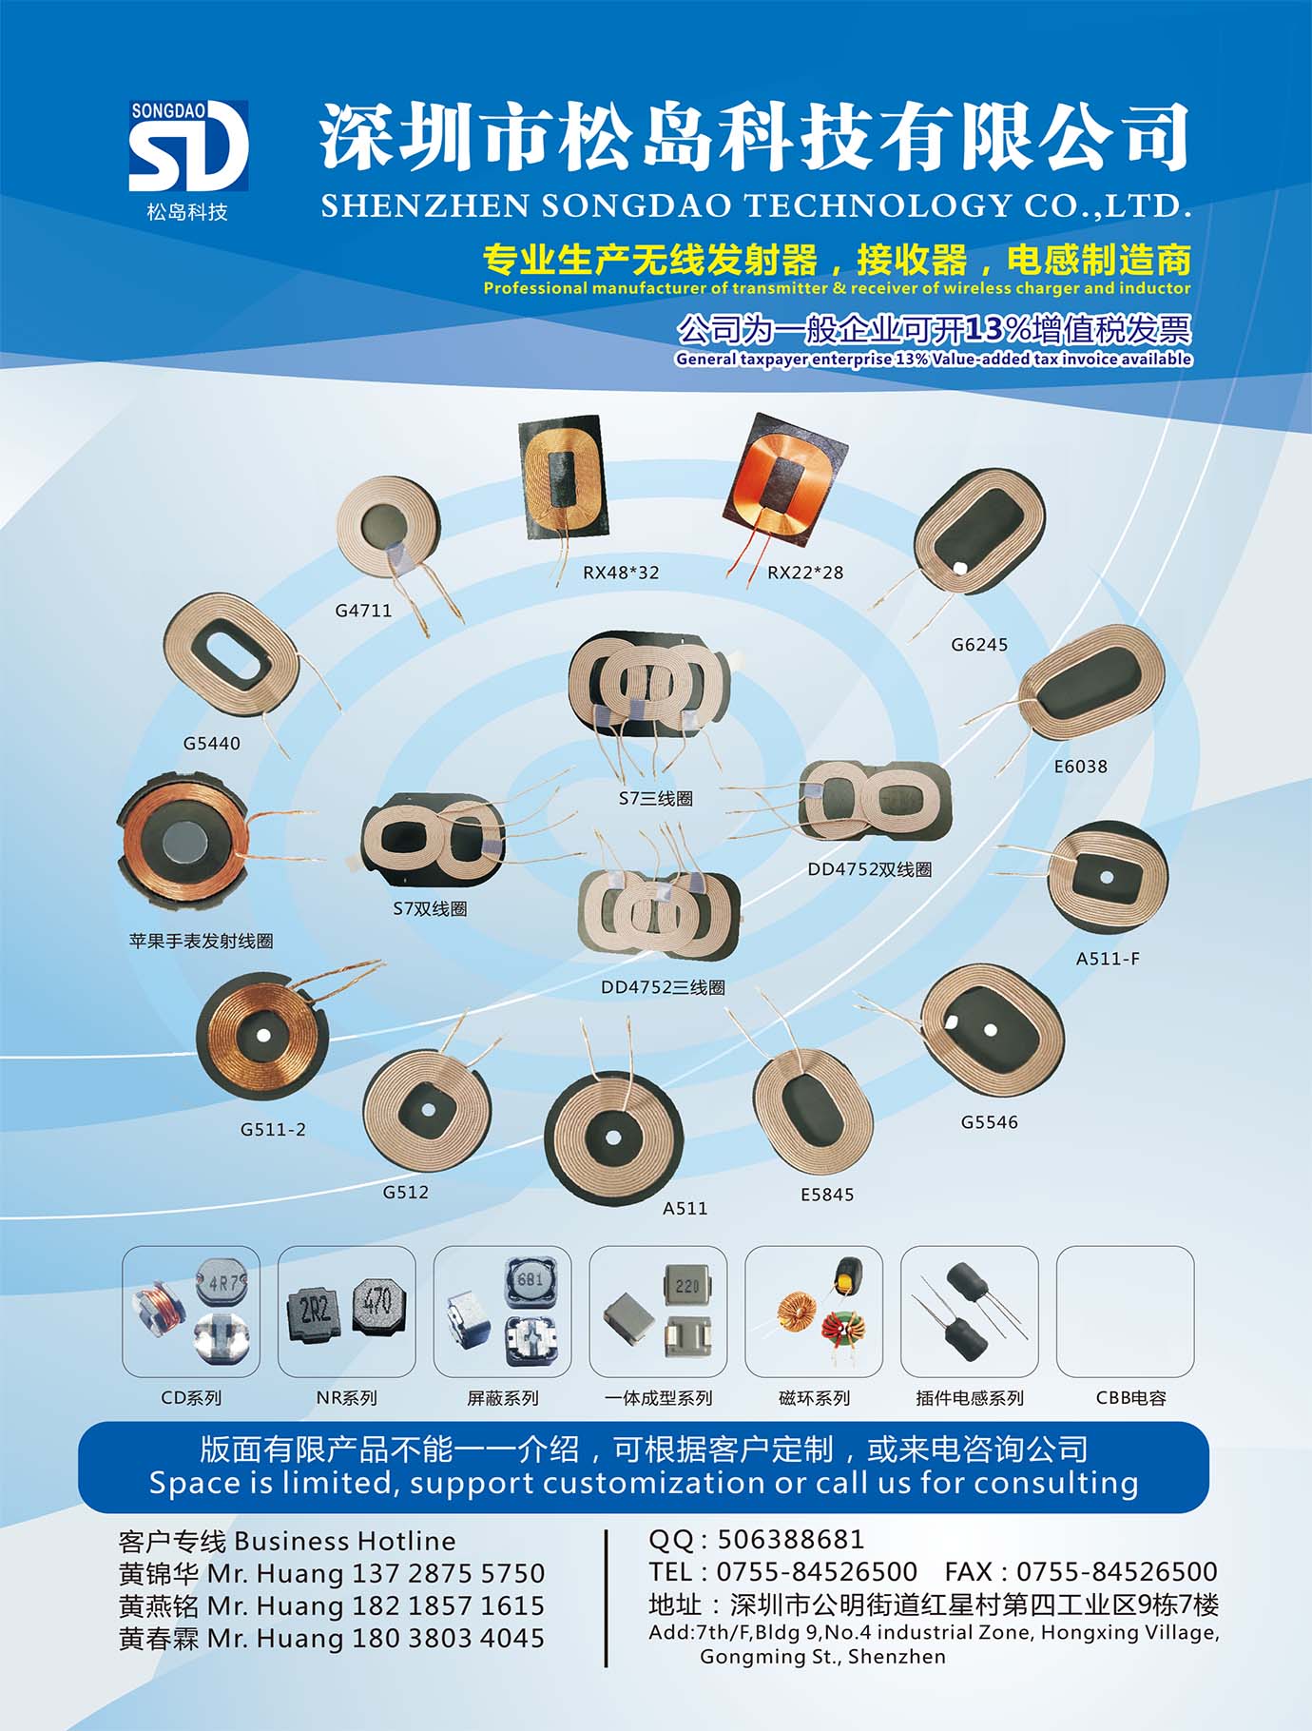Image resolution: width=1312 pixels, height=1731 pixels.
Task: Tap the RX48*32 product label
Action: pos(621,573)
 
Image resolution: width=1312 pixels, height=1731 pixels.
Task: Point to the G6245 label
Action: pos(979,645)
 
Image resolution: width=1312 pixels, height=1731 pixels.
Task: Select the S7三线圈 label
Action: pos(656,799)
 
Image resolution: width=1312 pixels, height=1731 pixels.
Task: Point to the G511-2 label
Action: pos(273,1130)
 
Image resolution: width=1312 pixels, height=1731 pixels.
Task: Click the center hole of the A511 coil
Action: pos(613,1138)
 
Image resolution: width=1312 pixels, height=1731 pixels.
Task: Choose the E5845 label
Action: pos(827,1195)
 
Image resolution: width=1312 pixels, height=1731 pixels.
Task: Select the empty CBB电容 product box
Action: pos(1125,1312)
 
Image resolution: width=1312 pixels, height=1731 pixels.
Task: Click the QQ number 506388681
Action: pos(791,1540)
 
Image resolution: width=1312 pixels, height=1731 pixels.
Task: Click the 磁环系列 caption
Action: pos(814,1398)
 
